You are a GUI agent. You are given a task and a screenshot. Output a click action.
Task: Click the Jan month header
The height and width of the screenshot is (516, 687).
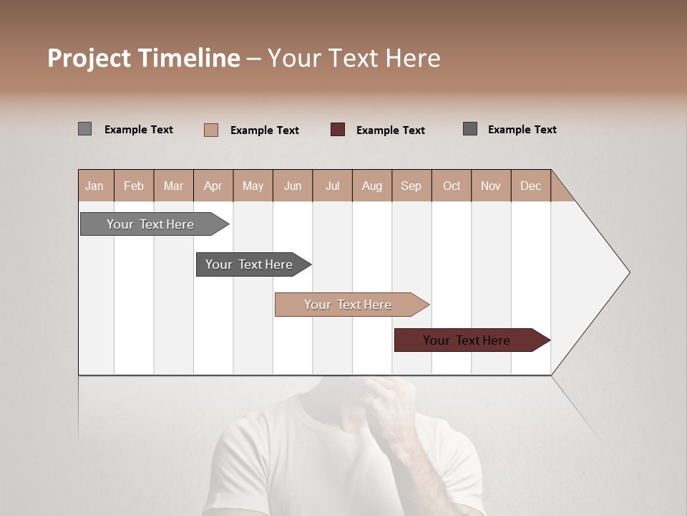tap(94, 186)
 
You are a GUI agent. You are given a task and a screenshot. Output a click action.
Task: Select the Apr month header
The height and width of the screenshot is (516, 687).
tap(213, 186)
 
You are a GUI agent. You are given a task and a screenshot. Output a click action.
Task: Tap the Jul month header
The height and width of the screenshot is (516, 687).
tap(332, 186)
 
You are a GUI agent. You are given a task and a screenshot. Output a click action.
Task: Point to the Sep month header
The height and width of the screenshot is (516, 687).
tap(411, 186)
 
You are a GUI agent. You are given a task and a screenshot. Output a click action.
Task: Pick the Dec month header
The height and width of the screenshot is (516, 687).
tap(530, 186)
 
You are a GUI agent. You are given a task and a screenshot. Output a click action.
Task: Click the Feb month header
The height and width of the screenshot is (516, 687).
tap(134, 186)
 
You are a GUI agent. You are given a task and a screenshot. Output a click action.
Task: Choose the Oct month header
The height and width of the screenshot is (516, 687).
tap(452, 186)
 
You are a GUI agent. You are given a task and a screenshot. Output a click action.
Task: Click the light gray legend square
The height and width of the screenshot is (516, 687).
tap(84, 129)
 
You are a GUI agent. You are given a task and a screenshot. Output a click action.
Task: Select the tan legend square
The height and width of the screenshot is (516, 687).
tap(210, 130)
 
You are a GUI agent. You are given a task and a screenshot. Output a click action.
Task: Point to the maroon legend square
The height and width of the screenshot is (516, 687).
tap(337, 129)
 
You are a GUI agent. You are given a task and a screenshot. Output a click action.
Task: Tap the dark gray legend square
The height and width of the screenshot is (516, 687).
tap(469, 129)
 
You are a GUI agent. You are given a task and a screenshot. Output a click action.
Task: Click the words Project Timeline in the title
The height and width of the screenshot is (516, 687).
tap(144, 58)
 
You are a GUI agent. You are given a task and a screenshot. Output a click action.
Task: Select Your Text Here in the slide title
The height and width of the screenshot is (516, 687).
tap(354, 58)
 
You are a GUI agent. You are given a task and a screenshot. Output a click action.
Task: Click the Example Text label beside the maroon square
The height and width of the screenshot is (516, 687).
tap(390, 130)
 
